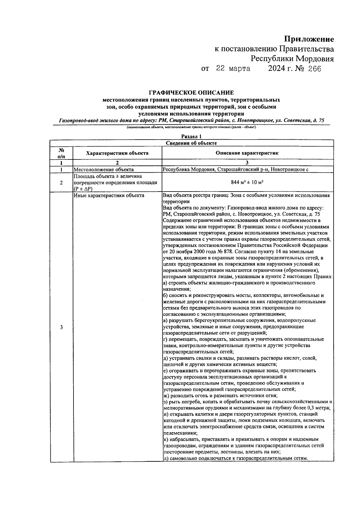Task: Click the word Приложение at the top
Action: pos(309,39)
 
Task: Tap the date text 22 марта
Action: pos(233,69)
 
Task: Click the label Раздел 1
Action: pos(191,137)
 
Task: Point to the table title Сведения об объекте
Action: pos(191,143)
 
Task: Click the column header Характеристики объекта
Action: pos(117,153)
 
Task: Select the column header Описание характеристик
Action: pos(247,153)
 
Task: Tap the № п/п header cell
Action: pos(61,153)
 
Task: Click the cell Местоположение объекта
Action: pos(104,170)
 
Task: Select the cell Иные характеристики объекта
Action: pos(109,195)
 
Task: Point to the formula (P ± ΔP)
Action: pos(83,189)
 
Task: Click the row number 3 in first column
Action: pos(61,327)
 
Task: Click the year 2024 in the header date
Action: pos(277,69)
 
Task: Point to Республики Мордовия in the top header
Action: pos(292,59)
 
